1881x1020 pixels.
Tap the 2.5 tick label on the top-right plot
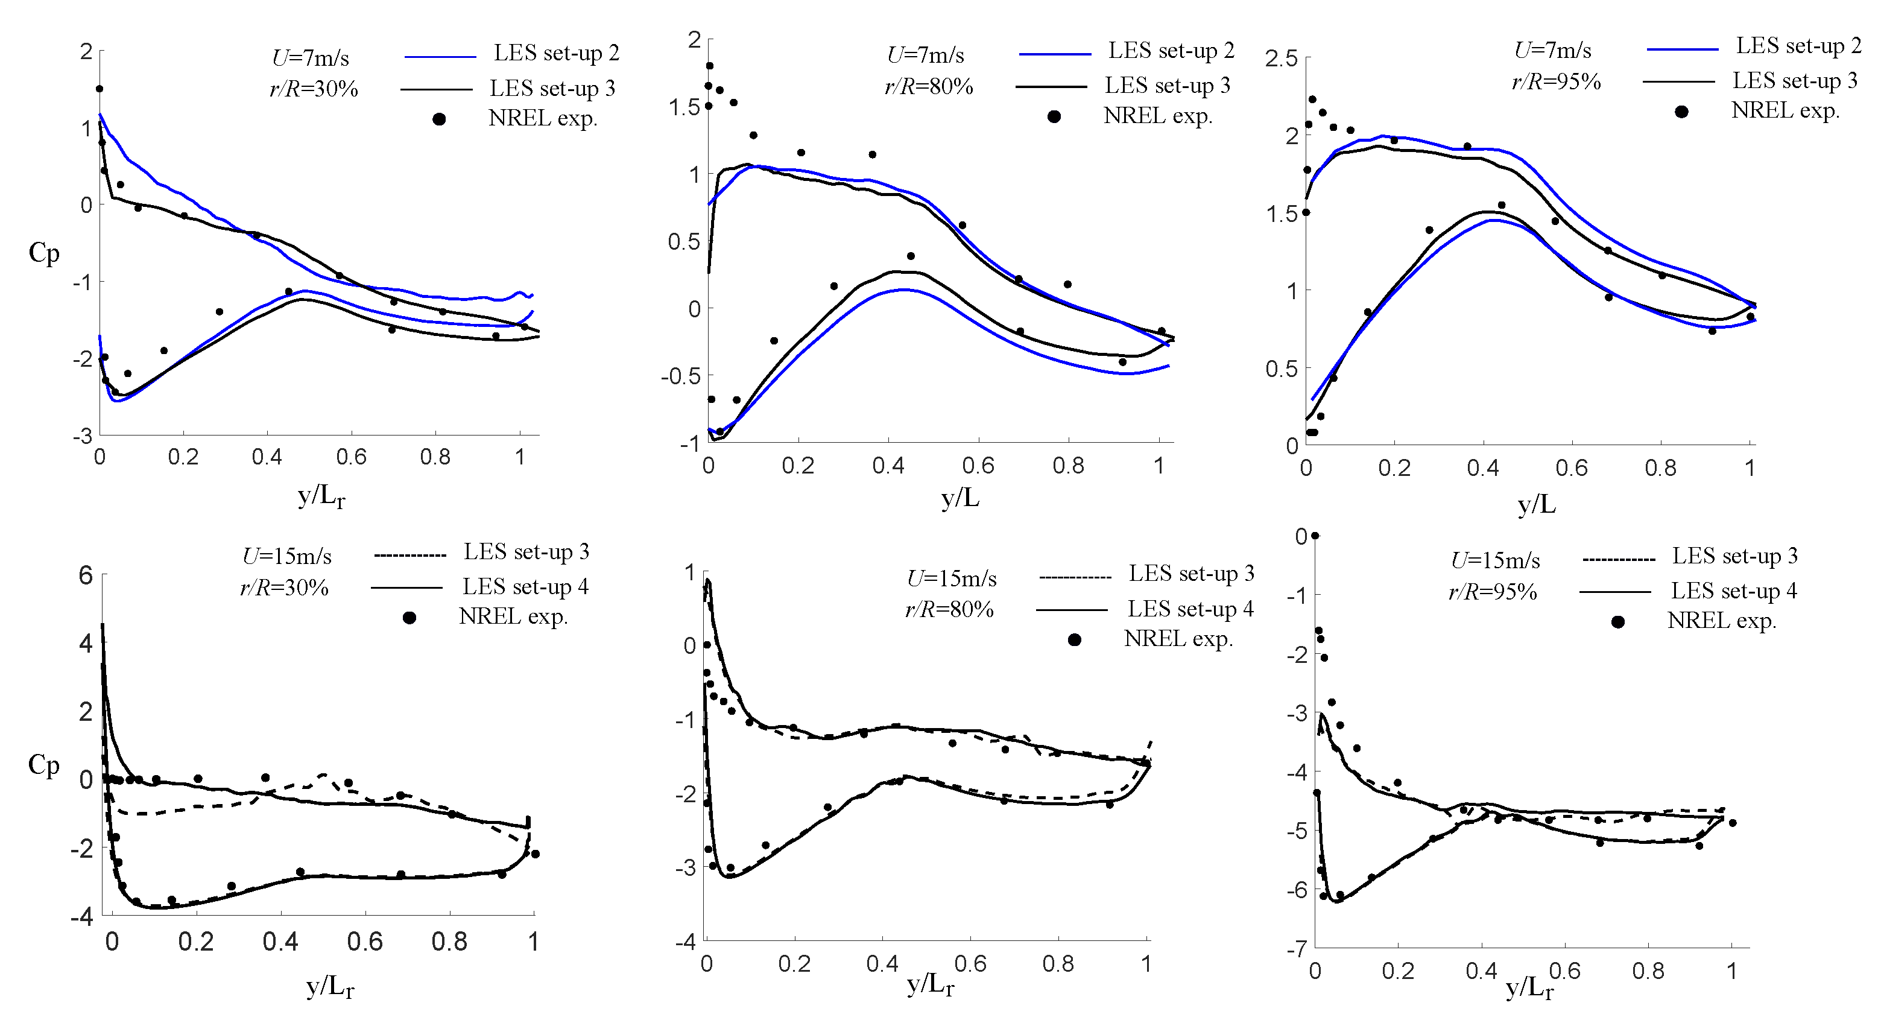[x=1281, y=59]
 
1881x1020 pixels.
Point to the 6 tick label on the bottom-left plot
[x=86, y=575]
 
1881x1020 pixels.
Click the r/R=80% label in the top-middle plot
[x=929, y=87]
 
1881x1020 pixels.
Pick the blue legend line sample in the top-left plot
[x=440, y=56]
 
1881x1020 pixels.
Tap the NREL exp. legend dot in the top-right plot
[x=1681, y=112]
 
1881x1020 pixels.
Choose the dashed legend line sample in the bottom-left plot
[x=409, y=555]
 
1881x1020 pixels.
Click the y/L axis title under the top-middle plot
[x=959, y=499]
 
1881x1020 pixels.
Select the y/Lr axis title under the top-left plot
[x=321, y=497]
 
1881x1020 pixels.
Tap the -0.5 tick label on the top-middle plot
[x=680, y=376]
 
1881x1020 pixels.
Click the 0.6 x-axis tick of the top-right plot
[x=1572, y=468]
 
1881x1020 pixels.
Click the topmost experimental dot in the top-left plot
[x=100, y=89]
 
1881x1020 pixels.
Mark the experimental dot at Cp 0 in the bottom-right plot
[x=1315, y=536]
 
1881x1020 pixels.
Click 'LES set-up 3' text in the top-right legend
[x=1795, y=80]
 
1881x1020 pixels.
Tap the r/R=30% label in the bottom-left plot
[x=284, y=588]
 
